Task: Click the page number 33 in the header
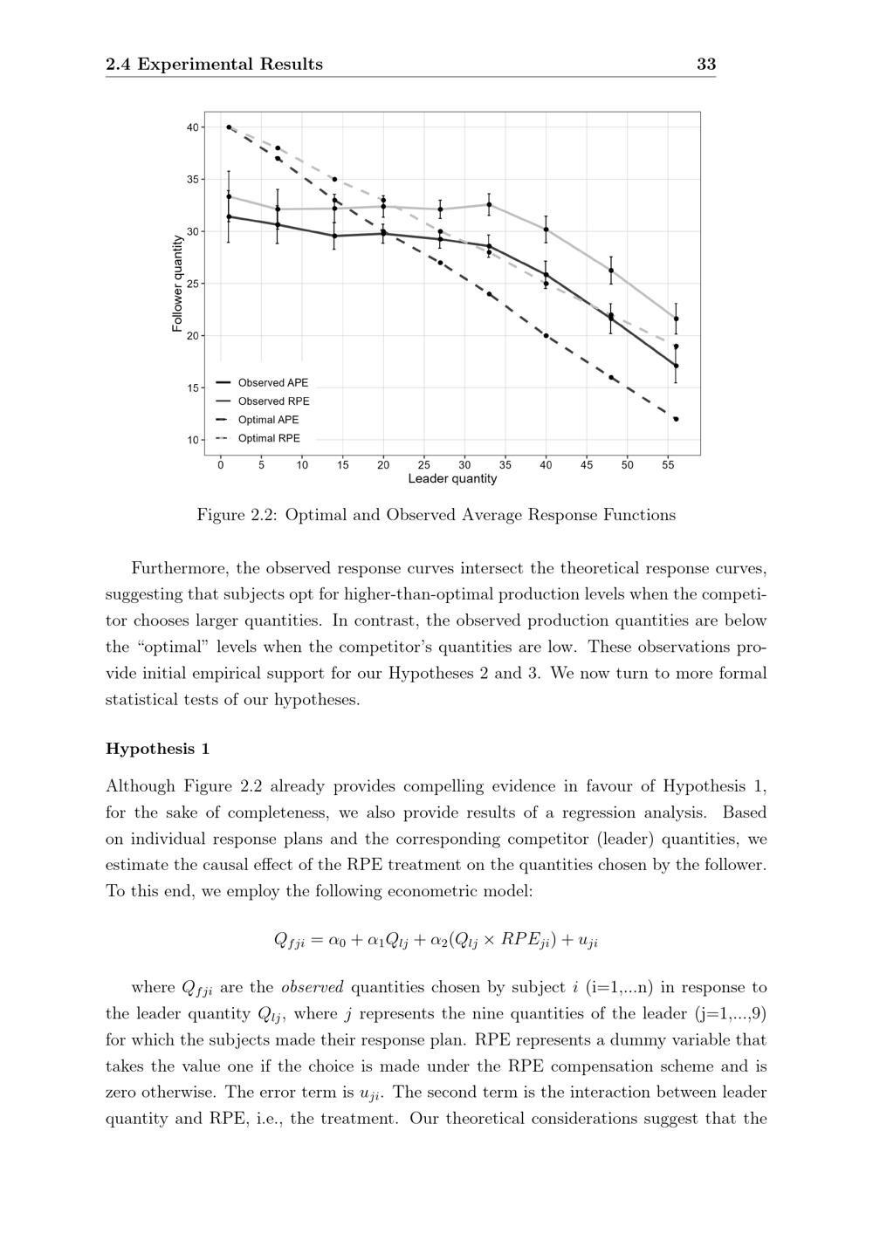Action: pos(706,64)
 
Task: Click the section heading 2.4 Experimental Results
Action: pos(214,64)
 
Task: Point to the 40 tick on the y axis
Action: pos(192,127)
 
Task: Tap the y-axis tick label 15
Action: pos(192,388)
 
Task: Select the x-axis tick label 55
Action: pos(668,465)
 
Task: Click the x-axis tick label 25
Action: pos(424,465)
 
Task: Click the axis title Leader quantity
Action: pos(452,479)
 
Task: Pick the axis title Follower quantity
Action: pos(177,284)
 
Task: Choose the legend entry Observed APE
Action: pos(272,383)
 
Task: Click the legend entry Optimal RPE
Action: pos(268,439)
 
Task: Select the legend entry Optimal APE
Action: pos(268,420)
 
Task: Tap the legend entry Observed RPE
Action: pos(273,401)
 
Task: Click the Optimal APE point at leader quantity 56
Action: pos(676,419)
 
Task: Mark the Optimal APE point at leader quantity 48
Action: pos(611,378)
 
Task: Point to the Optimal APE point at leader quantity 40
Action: pos(546,336)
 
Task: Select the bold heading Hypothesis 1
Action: pos(157,749)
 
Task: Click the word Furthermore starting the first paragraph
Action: pos(179,569)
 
